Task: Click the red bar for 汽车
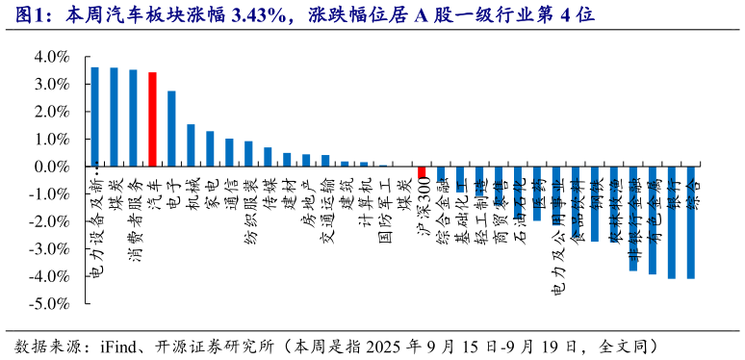coord(152,119)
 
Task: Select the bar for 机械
coord(191,145)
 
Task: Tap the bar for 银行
coord(672,222)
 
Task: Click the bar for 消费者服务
coord(133,118)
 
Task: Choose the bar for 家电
coord(210,149)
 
